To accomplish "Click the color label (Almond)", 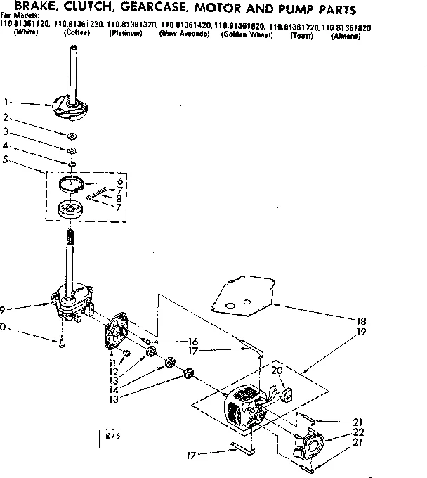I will tap(346, 34).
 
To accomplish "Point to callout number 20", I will tap(276, 370).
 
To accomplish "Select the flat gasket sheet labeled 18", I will tap(242, 295).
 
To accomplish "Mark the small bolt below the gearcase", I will tap(61, 343).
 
